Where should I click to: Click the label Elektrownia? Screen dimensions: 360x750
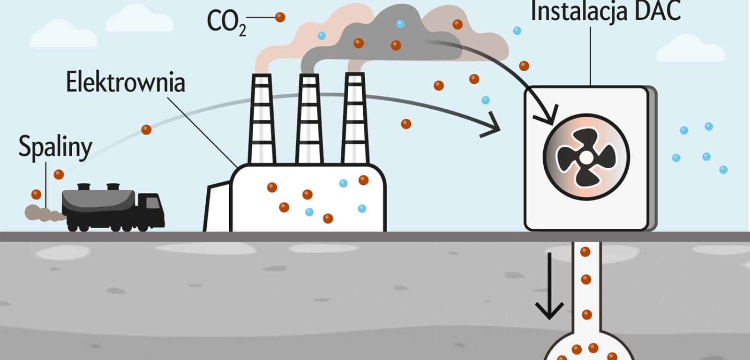point(126,82)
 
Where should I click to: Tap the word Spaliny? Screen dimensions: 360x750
point(55,146)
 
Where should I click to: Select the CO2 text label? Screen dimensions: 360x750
point(226,22)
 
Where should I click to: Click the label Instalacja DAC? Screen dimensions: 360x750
point(606,11)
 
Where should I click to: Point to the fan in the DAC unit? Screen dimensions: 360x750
point(586,157)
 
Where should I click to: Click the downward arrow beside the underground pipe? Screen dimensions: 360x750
point(549,286)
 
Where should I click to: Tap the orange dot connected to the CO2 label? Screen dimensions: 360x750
point(280,17)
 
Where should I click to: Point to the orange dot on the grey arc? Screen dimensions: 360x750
point(146,129)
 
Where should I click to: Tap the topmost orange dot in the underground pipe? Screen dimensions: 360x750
point(585,252)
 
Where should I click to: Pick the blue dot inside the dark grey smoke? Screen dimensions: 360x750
point(400,24)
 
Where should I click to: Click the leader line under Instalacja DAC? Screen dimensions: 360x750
point(590,56)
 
